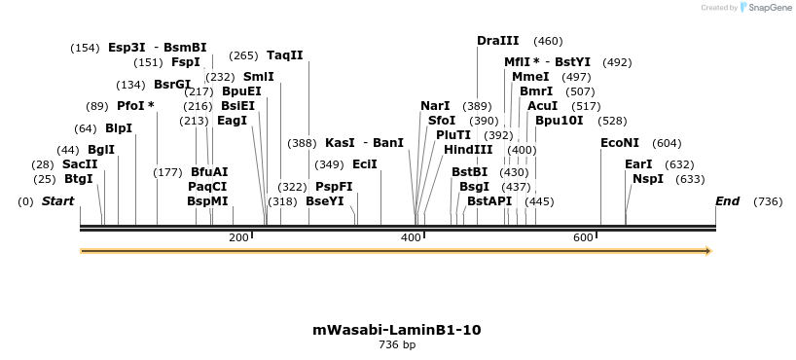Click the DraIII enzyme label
click(x=497, y=41)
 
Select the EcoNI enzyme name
click(x=620, y=143)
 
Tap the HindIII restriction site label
click(x=468, y=150)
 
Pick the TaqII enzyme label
click(x=284, y=55)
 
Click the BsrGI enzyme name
click(x=171, y=85)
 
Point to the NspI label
click(x=647, y=179)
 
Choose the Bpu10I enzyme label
click(x=560, y=121)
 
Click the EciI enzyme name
click(x=364, y=164)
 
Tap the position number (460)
click(x=549, y=41)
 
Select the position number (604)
click(x=667, y=143)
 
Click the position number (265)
click(x=243, y=55)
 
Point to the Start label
click(x=57, y=201)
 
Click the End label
click(x=727, y=201)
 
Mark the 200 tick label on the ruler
click(x=238, y=237)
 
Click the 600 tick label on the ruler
click(x=583, y=237)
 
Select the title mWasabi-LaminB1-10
click(x=397, y=330)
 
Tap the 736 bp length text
click(x=397, y=344)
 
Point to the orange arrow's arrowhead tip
click(x=710, y=251)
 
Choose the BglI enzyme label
click(x=101, y=150)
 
